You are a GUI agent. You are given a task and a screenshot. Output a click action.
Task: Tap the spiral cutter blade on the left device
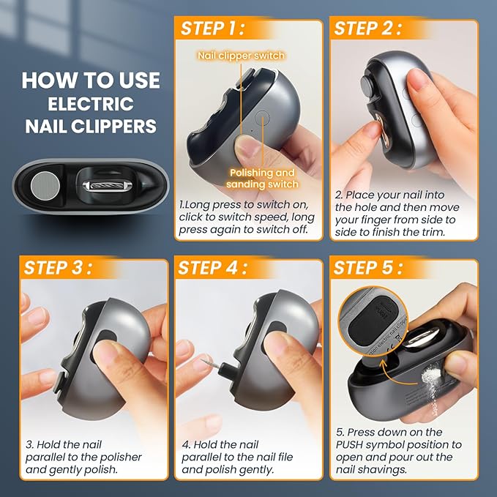click(107, 187)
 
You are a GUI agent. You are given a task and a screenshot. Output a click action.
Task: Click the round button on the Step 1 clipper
click(263, 116)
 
